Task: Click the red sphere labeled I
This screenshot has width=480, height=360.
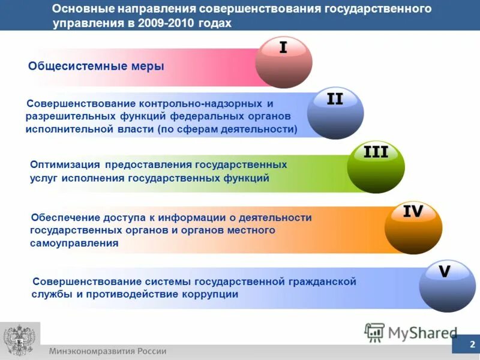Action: tap(283, 62)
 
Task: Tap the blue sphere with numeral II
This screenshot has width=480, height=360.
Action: tap(335, 113)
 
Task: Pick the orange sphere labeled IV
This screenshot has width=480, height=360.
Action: tap(413, 227)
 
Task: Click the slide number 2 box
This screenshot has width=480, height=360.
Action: tap(472, 344)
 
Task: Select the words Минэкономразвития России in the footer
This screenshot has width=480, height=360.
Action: tap(108, 351)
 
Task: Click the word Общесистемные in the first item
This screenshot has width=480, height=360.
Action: tap(77, 66)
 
